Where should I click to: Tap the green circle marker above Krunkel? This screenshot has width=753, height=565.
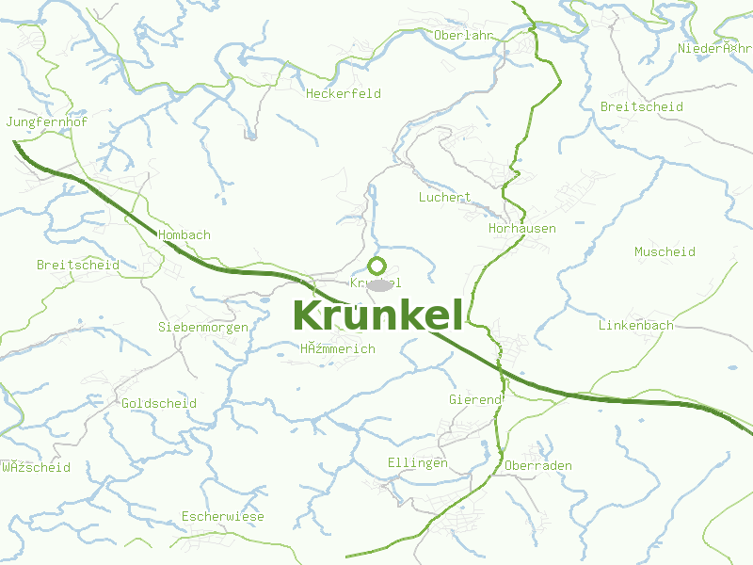pyautogui.click(x=377, y=266)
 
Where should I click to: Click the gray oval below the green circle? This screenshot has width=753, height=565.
pyautogui.click(x=378, y=284)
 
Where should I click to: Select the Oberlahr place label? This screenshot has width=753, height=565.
pyautogui.click(x=464, y=36)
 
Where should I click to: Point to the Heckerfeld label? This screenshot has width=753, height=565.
pyautogui.click(x=343, y=94)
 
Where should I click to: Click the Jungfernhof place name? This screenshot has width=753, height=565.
pyautogui.click(x=46, y=123)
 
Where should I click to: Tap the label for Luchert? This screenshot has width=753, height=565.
pyautogui.click(x=444, y=198)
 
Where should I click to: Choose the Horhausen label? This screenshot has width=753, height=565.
pyautogui.click(x=522, y=229)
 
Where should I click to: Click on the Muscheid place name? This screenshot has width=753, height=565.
pyautogui.click(x=665, y=252)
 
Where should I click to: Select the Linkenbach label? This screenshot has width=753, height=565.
pyautogui.click(x=636, y=326)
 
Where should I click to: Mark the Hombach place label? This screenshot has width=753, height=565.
pyautogui.click(x=184, y=235)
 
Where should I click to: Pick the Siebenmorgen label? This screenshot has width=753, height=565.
pyautogui.click(x=203, y=328)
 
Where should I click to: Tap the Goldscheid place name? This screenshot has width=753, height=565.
pyautogui.click(x=159, y=404)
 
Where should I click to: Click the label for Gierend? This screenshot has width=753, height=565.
pyautogui.click(x=475, y=400)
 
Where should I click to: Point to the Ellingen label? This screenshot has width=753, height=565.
pyautogui.click(x=418, y=463)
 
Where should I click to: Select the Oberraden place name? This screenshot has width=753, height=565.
pyautogui.click(x=538, y=466)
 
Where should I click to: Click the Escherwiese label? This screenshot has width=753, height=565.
pyautogui.click(x=223, y=517)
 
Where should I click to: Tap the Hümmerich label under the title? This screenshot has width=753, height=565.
pyautogui.click(x=338, y=349)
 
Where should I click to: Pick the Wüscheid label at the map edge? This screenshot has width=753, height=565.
pyautogui.click(x=36, y=468)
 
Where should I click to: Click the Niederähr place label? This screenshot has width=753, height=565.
pyautogui.click(x=715, y=49)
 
